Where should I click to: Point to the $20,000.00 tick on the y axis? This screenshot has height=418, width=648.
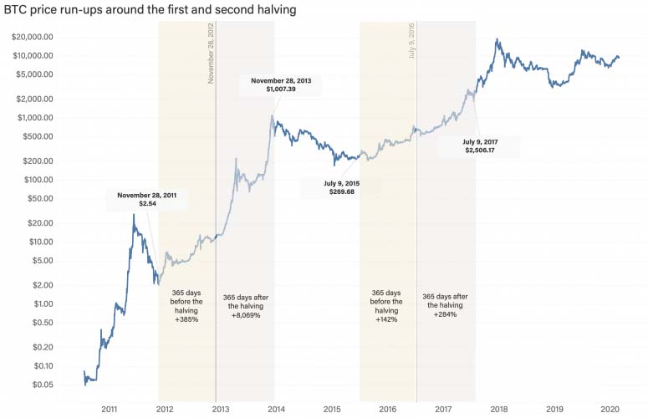coord(32,37)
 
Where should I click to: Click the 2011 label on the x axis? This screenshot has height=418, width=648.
coord(109,409)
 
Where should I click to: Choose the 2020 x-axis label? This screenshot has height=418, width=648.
coord(610,409)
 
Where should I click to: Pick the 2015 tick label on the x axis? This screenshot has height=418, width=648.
coord(331,409)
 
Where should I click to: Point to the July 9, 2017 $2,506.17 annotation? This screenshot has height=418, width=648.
coord(479,146)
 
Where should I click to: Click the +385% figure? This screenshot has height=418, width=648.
coord(186,319)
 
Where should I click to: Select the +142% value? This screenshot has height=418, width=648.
coord(386,319)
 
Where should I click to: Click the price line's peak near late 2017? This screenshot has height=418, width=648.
coord(498,39)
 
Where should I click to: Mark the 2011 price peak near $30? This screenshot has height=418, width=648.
coord(134,215)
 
